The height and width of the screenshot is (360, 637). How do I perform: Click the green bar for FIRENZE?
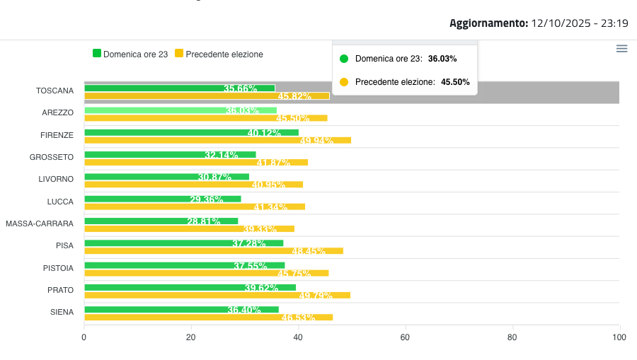[191, 132]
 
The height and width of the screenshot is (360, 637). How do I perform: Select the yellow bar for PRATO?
[217, 295]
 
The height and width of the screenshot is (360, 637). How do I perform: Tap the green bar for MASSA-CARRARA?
[161, 221]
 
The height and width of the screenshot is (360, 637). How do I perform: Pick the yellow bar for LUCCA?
[195, 207]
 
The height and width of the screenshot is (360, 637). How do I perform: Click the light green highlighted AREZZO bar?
[180, 110]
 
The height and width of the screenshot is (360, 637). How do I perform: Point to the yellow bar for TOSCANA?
[207, 95]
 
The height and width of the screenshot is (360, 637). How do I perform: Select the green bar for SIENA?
[181, 309]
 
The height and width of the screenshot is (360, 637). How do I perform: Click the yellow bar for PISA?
[213, 250]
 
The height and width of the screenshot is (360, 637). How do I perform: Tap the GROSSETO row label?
[51, 157]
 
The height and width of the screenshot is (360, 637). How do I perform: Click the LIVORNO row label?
[56, 179]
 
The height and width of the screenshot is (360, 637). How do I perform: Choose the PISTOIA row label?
[57, 268]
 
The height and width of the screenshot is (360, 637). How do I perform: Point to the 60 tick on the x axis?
[406, 337]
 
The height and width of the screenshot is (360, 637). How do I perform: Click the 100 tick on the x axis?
[619, 337]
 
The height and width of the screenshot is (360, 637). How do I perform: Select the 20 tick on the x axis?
[191, 337]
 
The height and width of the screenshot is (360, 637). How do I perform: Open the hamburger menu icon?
[621, 49]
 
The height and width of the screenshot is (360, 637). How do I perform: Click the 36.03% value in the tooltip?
[442, 59]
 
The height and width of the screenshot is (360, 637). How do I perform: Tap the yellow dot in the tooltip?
[344, 82]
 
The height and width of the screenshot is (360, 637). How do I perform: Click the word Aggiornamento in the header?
[488, 23]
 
